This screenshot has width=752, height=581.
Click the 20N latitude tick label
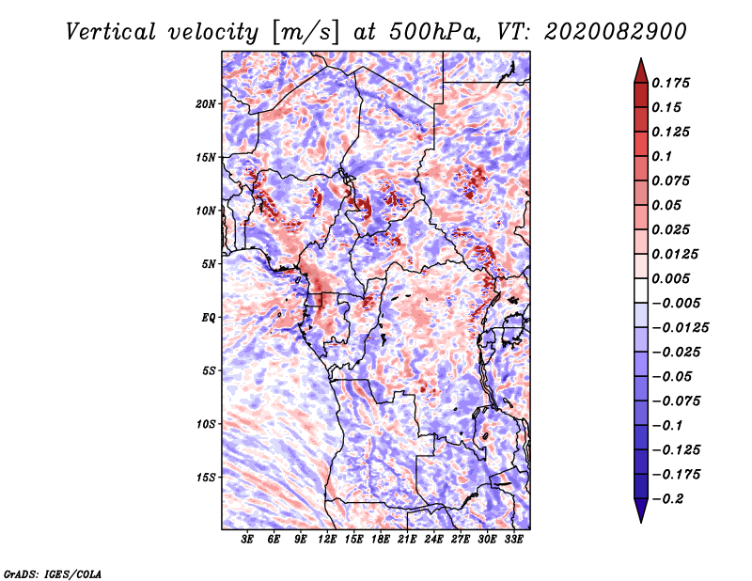pos(205,103)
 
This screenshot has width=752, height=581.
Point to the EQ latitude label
pos(209,317)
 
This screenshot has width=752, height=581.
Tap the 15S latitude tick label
pos(205,477)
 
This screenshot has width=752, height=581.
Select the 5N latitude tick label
pos(209,264)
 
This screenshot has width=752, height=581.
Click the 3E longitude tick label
pos(248,541)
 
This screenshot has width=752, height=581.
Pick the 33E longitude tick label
pos(513,541)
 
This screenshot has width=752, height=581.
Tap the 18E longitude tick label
pos(381,541)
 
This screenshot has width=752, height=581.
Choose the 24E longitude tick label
pos(433,541)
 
